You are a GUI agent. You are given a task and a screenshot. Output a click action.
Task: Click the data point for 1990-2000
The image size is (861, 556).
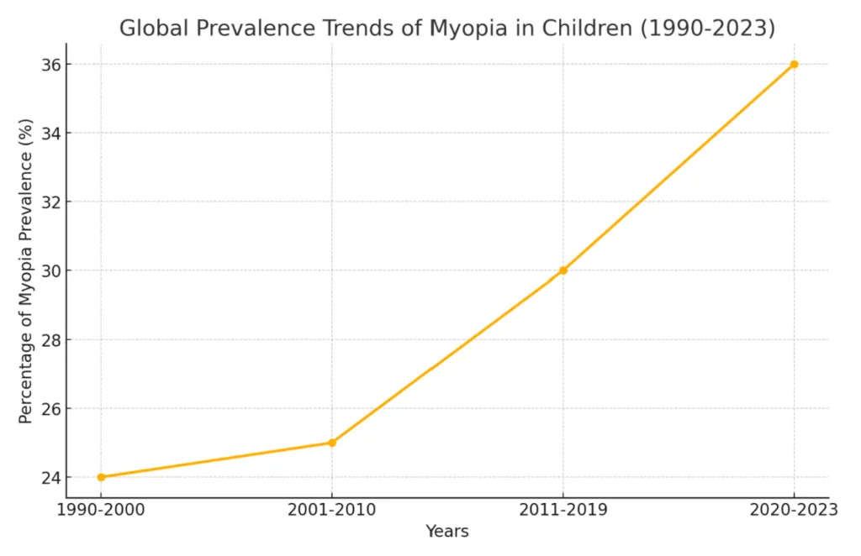click(x=101, y=477)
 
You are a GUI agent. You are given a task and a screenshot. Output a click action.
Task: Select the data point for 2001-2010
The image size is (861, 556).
click(x=332, y=443)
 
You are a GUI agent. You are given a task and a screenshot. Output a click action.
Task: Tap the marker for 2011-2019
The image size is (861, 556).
click(x=563, y=270)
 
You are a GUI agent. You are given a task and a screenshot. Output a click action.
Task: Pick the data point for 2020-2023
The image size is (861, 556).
click(x=794, y=64)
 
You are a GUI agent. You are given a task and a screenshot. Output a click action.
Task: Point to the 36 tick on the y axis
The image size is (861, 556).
click(x=51, y=65)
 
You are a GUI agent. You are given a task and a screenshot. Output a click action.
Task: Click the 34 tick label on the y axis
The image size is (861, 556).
click(x=51, y=134)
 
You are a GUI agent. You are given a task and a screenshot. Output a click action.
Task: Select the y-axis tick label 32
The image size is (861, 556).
click(x=51, y=202)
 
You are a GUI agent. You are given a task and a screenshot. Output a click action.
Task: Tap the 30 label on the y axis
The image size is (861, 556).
click(x=51, y=271)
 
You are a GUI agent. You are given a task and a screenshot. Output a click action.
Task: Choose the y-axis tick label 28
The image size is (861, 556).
click(x=51, y=340)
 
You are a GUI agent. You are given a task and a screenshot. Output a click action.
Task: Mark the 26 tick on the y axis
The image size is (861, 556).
click(x=51, y=408)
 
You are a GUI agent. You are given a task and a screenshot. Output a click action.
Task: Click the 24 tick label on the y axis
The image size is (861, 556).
click(x=51, y=478)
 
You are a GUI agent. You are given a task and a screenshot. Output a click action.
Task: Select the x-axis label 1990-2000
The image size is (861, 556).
click(x=101, y=510)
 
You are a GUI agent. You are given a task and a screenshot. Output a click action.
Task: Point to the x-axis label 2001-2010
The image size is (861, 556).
click(x=332, y=510)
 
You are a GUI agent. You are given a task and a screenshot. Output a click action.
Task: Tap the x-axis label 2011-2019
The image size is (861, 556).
click(x=563, y=510)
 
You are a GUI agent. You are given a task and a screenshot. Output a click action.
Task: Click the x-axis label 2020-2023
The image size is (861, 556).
click(x=794, y=510)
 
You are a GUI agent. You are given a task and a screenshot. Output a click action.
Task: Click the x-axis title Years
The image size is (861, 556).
click(x=447, y=532)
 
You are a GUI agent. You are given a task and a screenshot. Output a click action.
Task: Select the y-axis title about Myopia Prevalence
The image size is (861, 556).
click(x=26, y=271)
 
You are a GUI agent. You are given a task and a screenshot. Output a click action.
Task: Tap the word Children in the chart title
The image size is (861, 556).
click(x=587, y=28)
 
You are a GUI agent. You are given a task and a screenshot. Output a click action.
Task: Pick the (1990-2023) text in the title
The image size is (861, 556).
click(x=708, y=29)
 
